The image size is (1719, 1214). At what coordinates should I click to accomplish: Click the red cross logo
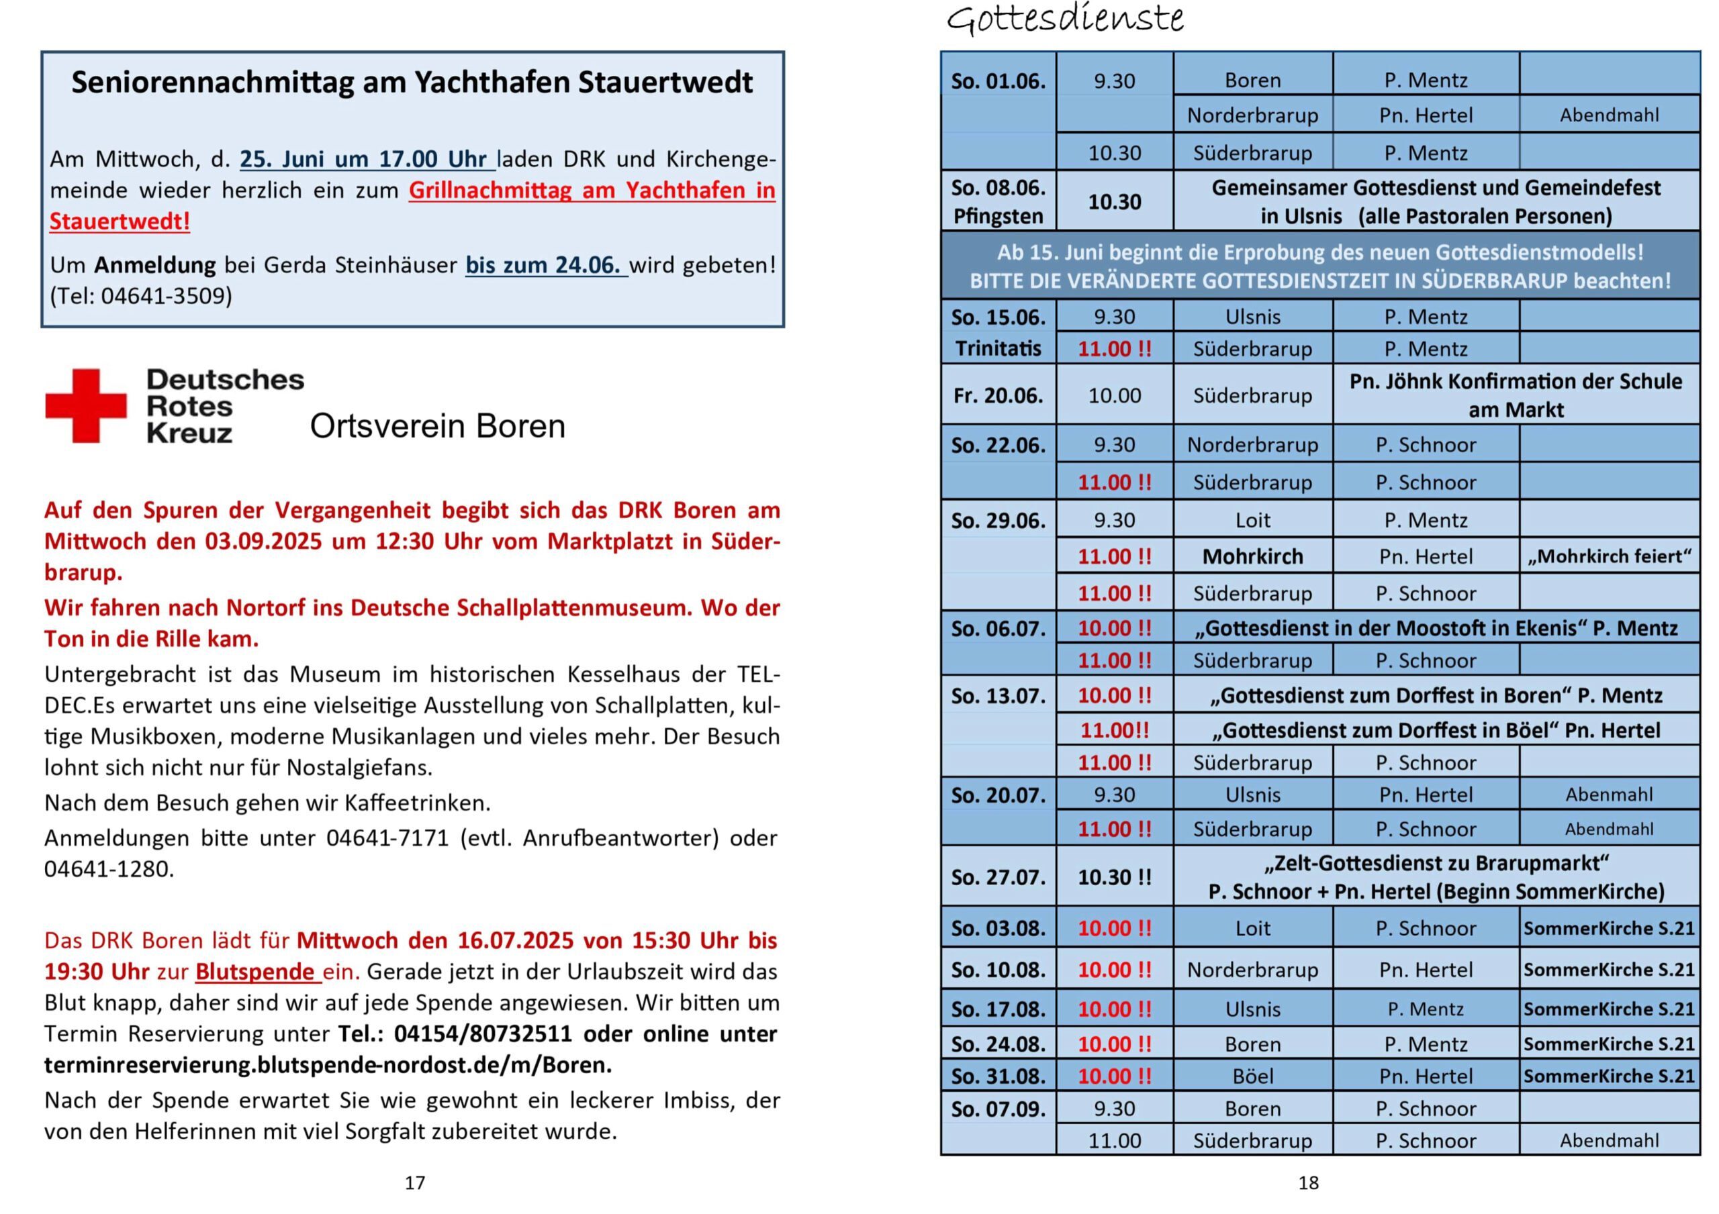85,405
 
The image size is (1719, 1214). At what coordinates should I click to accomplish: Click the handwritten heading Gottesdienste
1065,19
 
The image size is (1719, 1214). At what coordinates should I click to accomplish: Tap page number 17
415,1182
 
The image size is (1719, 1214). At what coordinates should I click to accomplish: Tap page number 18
1308,1182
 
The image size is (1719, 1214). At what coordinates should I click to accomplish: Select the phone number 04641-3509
167,297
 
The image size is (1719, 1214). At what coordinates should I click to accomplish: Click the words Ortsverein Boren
437,427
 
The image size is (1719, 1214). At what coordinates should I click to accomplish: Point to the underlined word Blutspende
254,972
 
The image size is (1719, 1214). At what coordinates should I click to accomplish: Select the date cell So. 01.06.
997,80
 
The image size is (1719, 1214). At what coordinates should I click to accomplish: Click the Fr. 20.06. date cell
997,395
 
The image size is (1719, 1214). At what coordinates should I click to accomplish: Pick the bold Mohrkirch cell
1252,556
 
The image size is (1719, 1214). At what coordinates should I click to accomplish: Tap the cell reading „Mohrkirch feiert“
1608,556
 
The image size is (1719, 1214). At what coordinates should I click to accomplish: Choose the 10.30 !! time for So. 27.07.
1114,876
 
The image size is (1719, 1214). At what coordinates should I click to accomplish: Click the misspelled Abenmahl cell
1608,794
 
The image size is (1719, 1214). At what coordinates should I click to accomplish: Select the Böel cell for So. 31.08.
1252,1076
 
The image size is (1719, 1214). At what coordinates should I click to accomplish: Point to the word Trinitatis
997,349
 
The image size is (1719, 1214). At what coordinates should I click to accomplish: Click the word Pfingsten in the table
997,216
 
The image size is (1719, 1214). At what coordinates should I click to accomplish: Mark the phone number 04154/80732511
483,1033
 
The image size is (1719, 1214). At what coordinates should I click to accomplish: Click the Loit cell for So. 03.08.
1252,928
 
